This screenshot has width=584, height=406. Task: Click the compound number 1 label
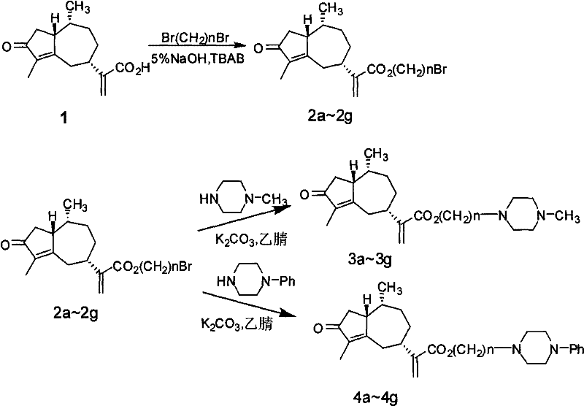point(72,116)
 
